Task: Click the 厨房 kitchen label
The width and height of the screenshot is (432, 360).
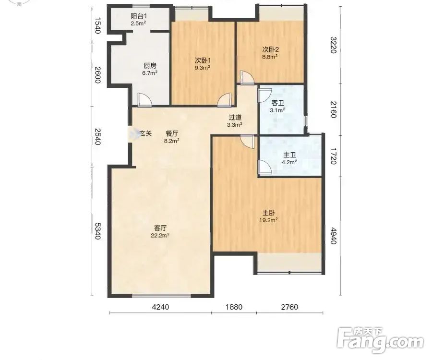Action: tap(150, 66)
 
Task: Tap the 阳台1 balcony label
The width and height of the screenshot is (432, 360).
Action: tap(138, 16)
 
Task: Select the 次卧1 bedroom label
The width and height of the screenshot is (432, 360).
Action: tap(203, 60)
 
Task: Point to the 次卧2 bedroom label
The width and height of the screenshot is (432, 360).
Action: tap(270, 49)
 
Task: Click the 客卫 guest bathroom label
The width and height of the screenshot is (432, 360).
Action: tap(278, 103)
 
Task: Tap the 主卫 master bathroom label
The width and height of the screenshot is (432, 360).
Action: tap(289, 155)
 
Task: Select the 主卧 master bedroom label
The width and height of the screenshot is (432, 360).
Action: tap(268, 213)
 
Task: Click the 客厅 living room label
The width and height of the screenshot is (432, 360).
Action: tap(160, 228)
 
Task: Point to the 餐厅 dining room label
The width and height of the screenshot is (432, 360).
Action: tap(172, 133)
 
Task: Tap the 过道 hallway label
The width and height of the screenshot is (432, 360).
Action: tap(235, 117)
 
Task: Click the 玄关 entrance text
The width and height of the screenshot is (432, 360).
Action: tap(146, 133)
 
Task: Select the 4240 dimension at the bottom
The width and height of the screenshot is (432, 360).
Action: tap(161, 307)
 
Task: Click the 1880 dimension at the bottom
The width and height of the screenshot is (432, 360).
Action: tap(234, 307)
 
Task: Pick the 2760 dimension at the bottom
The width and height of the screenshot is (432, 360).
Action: tap(289, 307)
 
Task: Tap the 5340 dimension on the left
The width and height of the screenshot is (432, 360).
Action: tap(97, 231)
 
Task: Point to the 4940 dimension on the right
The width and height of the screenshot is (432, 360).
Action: tap(334, 236)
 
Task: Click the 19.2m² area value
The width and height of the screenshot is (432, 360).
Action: tap(268, 220)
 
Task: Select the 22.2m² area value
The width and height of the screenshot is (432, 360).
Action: tap(160, 235)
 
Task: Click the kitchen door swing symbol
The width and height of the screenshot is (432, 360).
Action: tap(144, 99)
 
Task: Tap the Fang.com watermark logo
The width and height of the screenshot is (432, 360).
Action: tap(381, 340)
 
